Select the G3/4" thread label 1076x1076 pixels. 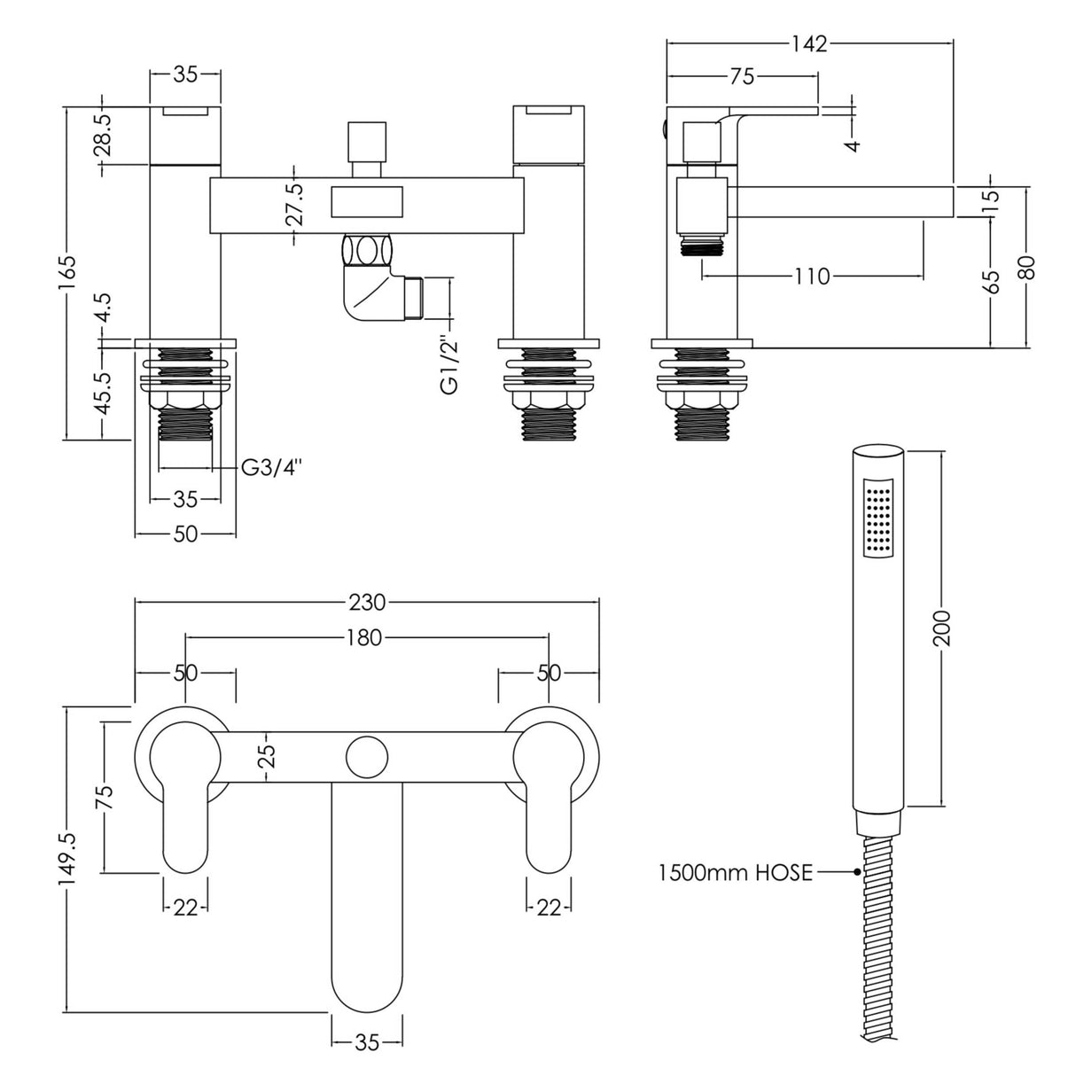point(272,468)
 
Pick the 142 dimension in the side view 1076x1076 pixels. point(808,43)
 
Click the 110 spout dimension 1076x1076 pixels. point(812,277)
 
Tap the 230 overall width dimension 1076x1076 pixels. point(366,602)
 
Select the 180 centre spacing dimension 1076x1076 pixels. point(365,637)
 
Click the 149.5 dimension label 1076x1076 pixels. point(68,858)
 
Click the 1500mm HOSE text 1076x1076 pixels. point(735,872)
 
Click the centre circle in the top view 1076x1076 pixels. point(366,756)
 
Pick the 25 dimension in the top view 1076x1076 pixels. point(268,756)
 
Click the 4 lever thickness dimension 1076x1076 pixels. point(854,142)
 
